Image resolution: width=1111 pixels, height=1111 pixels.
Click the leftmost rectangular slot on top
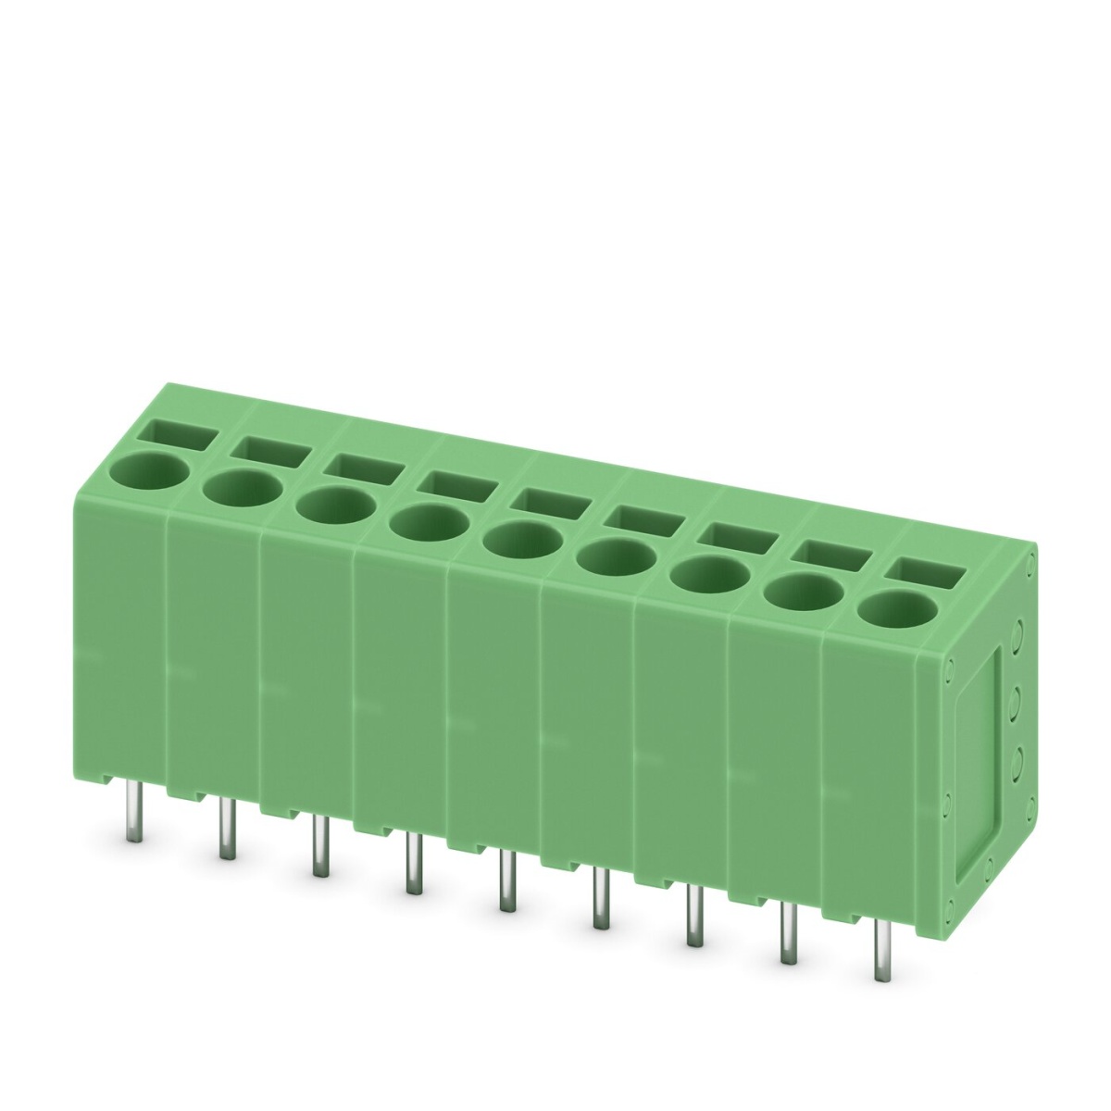[184, 433]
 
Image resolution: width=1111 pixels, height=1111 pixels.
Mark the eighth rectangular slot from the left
[831, 553]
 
